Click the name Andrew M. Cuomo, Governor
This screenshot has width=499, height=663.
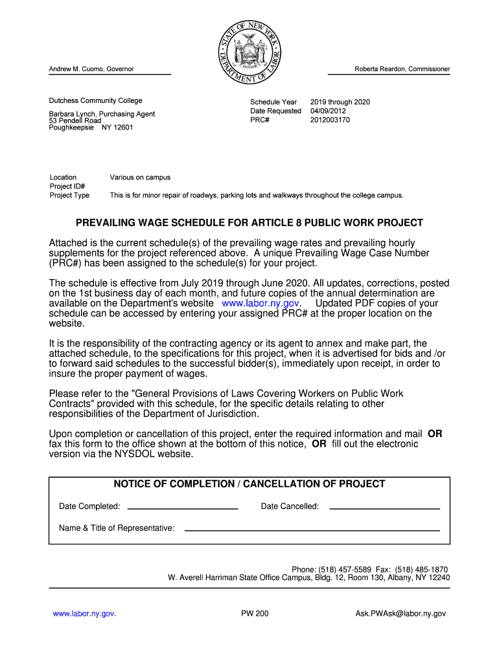click(91, 69)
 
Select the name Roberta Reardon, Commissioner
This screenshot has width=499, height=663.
click(402, 69)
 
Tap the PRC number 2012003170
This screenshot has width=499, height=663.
click(330, 120)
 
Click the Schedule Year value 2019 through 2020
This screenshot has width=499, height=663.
click(340, 102)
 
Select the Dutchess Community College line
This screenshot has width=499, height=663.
click(96, 100)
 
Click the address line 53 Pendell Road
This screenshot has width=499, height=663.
click(75, 121)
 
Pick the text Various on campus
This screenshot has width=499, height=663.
click(140, 177)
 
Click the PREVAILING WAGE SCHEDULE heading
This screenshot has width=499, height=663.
click(250, 223)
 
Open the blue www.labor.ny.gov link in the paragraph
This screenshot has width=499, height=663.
click(261, 304)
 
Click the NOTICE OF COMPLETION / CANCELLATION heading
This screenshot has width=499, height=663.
click(250, 484)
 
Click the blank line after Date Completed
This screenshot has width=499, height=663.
click(183, 506)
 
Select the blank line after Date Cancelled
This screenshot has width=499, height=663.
click(384, 506)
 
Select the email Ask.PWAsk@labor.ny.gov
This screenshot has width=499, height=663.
click(400, 614)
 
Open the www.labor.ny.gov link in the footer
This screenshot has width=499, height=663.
click(84, 614)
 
